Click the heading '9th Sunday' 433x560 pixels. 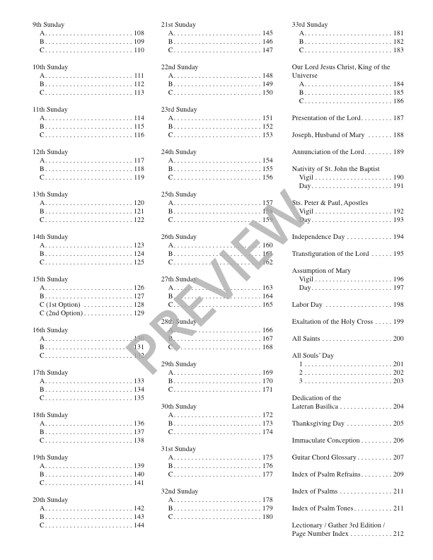point(49,25)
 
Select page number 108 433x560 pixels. point(139,33)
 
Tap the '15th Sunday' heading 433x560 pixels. point(50,279)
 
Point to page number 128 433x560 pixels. point(139,305)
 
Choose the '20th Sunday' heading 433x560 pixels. point(50,500)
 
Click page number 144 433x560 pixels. point(139,525)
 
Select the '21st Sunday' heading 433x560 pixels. point(179,25)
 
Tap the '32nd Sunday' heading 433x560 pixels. point(180,491)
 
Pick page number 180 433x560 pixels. point(267,517)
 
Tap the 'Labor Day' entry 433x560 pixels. point(308,305)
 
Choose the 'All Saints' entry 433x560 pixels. point(307,339)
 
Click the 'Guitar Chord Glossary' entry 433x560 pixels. point(325,457)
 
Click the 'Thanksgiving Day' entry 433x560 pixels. point(318,424)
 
